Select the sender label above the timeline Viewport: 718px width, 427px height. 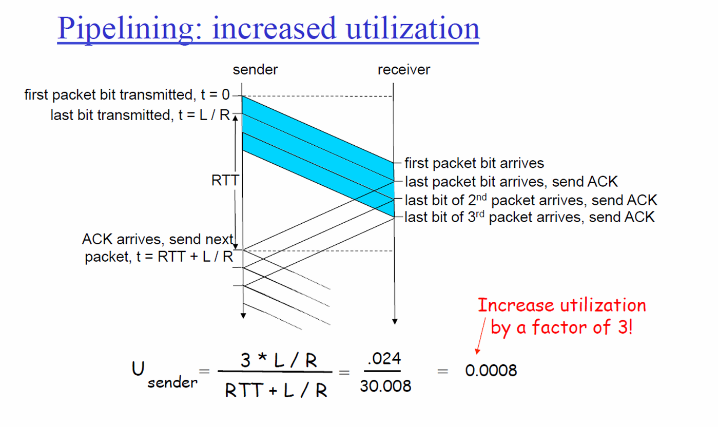click(x=255, y=70)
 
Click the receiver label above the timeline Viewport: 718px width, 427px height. click(x=403, y=70)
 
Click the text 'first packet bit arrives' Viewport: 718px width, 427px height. click(x=474, y=164)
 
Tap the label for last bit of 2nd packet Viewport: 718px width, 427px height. click(x=531, y=200)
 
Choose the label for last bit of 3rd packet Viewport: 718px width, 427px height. click(x=530, y=217)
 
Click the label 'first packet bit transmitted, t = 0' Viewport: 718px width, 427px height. click(x=126, y=95)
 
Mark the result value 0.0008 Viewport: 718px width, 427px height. click(x=491, y=370)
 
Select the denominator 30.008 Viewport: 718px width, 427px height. click(x=385, y=386)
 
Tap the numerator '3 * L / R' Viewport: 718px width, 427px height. click(x=278, y=361)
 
